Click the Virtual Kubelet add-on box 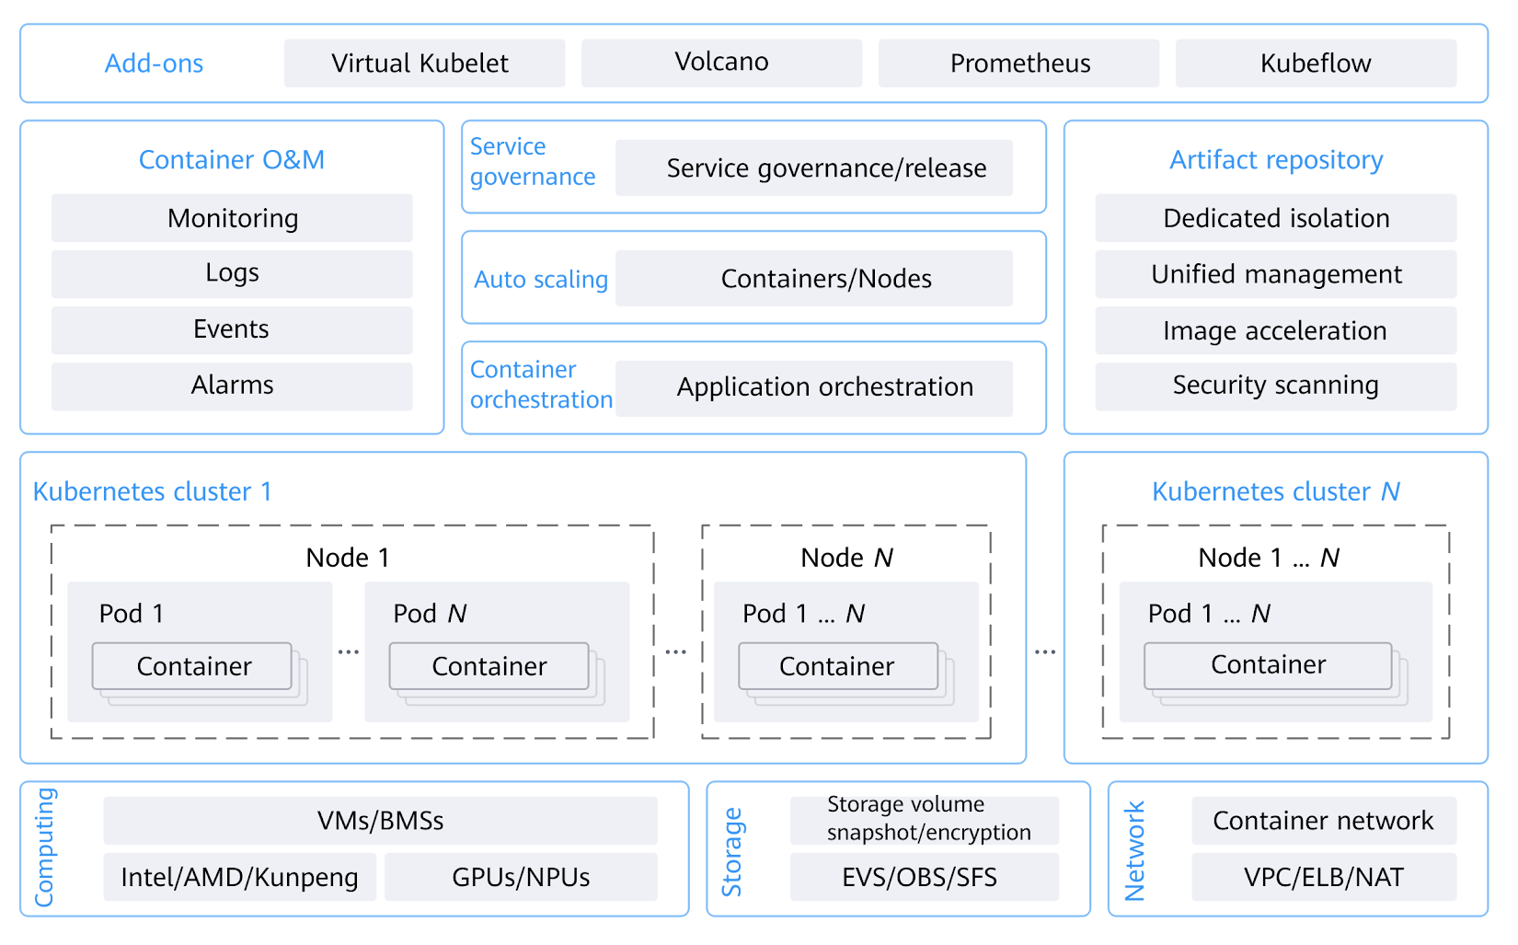(424, 63)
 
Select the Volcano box (721, 63)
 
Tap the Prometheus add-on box (1018, 63)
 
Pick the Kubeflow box (1316, 63)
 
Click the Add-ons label (154, 63)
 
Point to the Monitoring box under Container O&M (232, 218)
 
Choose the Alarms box (232, 386)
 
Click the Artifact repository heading (1276, 160)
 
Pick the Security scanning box (1275, 386)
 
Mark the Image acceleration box (1275, 330)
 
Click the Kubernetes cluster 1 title (153, 491)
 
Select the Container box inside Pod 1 (192, 666)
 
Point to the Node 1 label (348, 558)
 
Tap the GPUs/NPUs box (521, 877)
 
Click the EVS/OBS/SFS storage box (924, 877)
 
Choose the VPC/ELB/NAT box (1323, 877)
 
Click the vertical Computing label (45, 847)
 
